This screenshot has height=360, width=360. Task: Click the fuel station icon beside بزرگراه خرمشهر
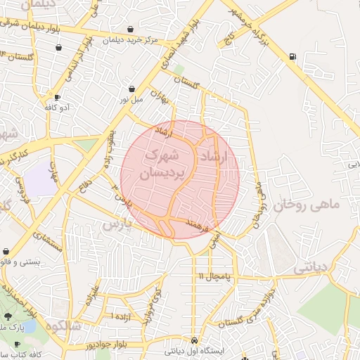tap(292, 57)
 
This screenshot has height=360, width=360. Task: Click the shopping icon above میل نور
tap(132, 89)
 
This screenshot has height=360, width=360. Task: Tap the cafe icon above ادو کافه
tap(57, 96)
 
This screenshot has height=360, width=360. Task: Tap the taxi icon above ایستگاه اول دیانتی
tap(194, 337)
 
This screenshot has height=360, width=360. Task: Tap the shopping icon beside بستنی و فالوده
tap(6, 251)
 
